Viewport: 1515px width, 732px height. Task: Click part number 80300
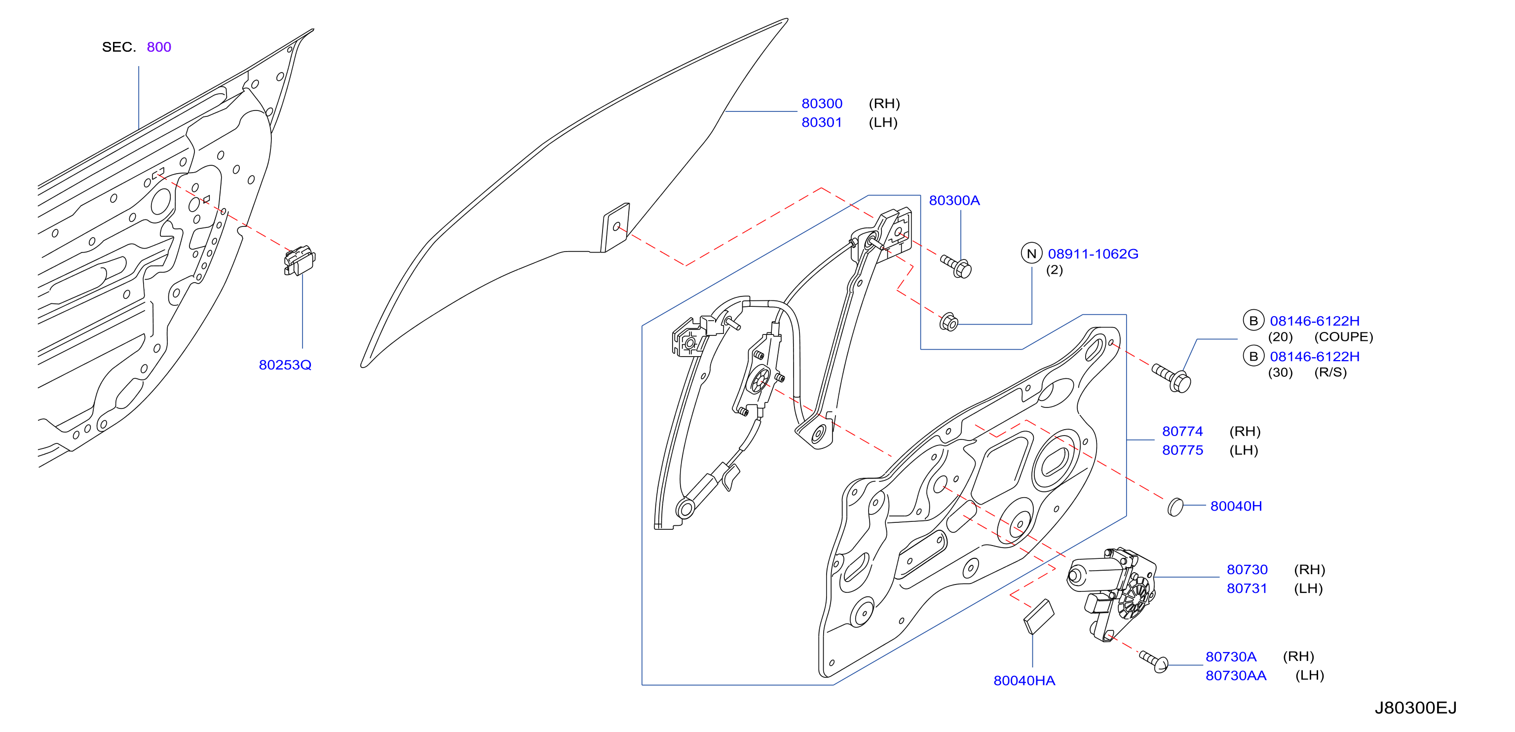tap(822, 104)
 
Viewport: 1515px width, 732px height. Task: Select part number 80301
tap(822, 122)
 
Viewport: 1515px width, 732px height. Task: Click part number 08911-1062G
tap(1093, 254)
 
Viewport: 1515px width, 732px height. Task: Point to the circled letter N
tap(1031, 254)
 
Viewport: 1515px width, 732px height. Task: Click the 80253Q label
tap(285, 365)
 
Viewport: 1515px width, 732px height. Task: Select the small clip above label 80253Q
tap(300, 260)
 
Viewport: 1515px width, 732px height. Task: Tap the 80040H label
tap(1236, 506)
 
